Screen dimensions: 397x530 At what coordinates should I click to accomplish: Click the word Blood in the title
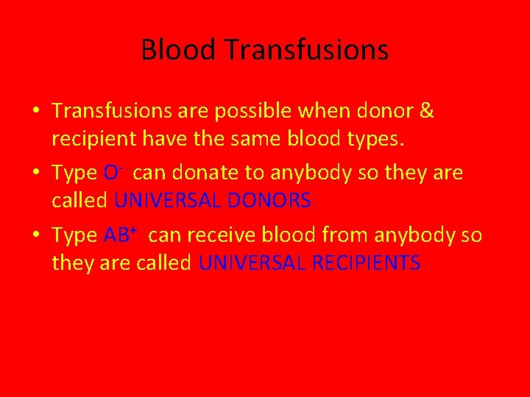(179, 50)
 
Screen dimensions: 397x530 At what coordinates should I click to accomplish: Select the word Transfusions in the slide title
(307, 50)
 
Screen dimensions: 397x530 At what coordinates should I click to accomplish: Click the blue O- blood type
(113, 173)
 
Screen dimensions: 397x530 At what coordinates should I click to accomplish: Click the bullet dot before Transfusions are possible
(36, 112)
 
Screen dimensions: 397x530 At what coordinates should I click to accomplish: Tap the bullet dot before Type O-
(36, 174)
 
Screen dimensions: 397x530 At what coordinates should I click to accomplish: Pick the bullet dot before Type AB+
(36, 236)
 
